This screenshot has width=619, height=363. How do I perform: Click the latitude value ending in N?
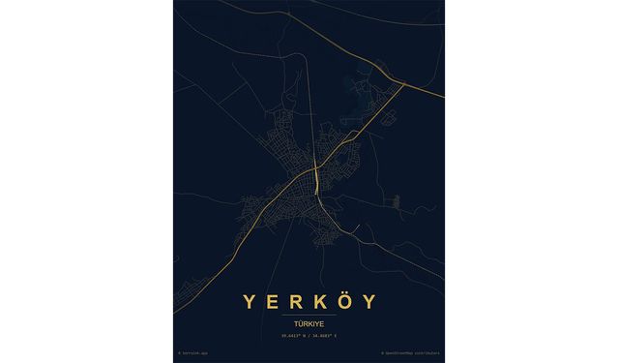295,334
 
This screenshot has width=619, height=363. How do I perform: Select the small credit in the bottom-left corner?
192,353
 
